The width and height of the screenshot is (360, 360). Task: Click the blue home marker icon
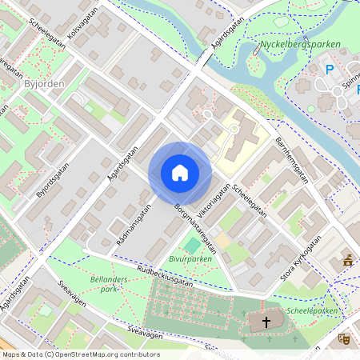coord(179,173)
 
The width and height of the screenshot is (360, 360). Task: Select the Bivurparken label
coord(190,259)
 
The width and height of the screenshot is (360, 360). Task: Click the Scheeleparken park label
coord(314,311)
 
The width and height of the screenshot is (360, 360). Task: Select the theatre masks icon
coord(346,338)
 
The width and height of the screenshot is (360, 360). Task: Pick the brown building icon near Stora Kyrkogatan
coord(348,259)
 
